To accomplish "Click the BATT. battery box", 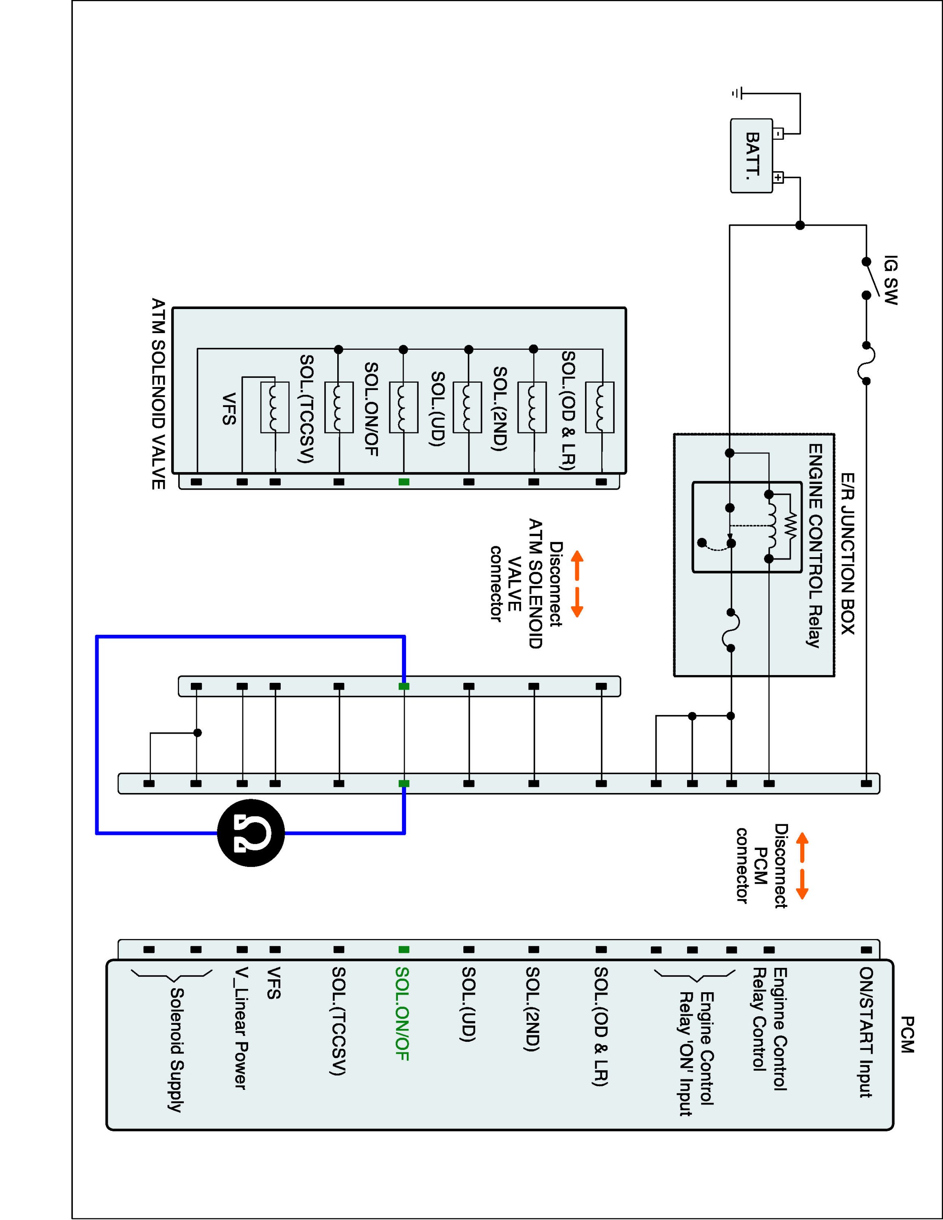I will tap(752, 156).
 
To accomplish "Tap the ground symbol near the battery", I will tap(738, 93).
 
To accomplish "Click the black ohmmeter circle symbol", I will tap(251, 833).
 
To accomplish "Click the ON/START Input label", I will tap(866, 1032).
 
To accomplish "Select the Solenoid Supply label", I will tap(177, 1050).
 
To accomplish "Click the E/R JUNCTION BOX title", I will tap(847, 553).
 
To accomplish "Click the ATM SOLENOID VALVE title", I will tap(159, 394).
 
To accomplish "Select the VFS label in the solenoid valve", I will tap(229, 409).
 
